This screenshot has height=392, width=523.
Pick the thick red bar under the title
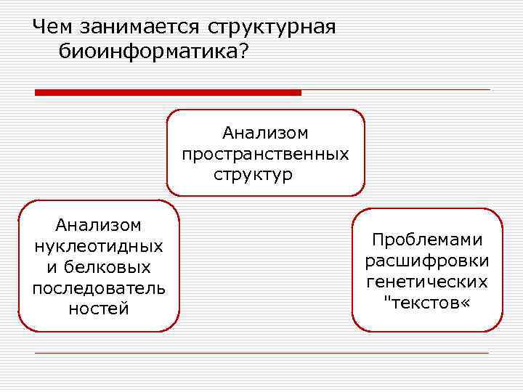[168, 92]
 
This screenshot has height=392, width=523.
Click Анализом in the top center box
[265, 133]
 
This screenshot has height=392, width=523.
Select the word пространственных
[265, 154]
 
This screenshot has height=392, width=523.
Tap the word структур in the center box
[254, 175]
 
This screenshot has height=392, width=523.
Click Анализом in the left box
[99, 225]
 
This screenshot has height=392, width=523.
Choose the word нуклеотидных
[99, 246]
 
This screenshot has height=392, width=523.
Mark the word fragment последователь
[99, 288]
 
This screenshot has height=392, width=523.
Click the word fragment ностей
[99, 309]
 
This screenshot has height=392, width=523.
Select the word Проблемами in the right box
[427, 240]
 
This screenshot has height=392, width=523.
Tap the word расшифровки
[427, 260]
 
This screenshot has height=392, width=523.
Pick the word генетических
[427, 281]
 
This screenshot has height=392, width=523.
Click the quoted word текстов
[427, 301]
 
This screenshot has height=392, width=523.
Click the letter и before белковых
[49, 267]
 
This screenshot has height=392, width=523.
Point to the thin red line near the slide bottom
[261, 353]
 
